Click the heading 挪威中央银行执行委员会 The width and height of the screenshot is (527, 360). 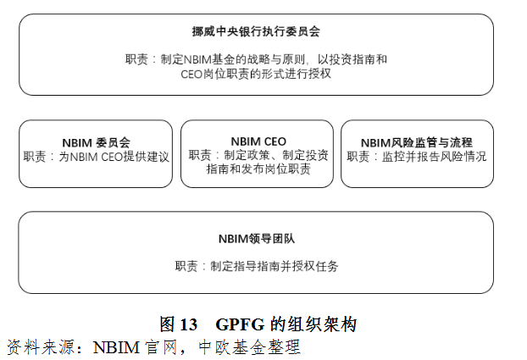pyautogui.click(x=256, y=31)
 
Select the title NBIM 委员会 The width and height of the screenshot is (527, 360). pyautogui.click(x=96, y=142)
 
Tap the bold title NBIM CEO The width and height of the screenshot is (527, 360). pyautogui.click(x=258, y=141)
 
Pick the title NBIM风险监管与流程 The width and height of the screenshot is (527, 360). pyautogui.click(x=416, y=142)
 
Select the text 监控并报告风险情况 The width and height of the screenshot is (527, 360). pyautogui.click(x=433, y=157)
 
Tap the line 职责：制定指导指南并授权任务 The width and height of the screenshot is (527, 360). pyautogui.click(x=256, y=266)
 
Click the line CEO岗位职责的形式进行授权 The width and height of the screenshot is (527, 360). pyautogui.click(x=256, y=74)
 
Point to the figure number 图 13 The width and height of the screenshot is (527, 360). pyautogui.click(x=179, y=324)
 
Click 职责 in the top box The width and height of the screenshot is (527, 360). pyautogui.click(x=137, y=59)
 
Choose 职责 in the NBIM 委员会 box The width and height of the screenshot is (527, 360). pyautogui.click(x=36, y=157)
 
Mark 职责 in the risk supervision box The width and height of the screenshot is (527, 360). pyautogui.click(x=360, y=157)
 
